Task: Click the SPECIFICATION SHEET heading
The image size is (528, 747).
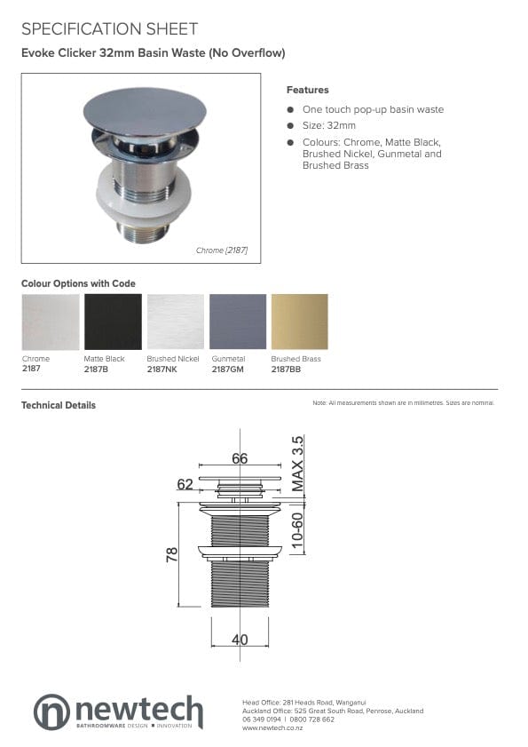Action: [x=109, y=29]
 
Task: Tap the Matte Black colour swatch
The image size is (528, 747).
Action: [x=113, y=322]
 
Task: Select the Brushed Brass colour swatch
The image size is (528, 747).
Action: [x=299, y=322]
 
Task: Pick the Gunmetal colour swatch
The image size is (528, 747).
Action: [x=238, y=322]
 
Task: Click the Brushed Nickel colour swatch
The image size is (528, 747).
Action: [x=175, y=322]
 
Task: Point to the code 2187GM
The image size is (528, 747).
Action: [x=227, y=368]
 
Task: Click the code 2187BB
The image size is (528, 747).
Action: [x=287, y=368]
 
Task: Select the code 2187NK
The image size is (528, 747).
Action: [x=162, y=368]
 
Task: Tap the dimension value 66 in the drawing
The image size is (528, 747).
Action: [x=240, y=458]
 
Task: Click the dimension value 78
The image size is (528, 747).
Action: [x=172, y=554]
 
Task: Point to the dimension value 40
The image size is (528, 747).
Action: [x=240, y=640]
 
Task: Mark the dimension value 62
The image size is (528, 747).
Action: [x=185, y=485]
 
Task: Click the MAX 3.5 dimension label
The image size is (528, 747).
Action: [x=298, y=464]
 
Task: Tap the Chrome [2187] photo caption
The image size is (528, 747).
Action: [x=221, y=251]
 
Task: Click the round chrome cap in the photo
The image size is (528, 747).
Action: [x=145, y=111]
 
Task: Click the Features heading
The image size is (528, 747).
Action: [x=307, y=91]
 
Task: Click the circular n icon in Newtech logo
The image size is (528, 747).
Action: [x=51, y=711]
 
